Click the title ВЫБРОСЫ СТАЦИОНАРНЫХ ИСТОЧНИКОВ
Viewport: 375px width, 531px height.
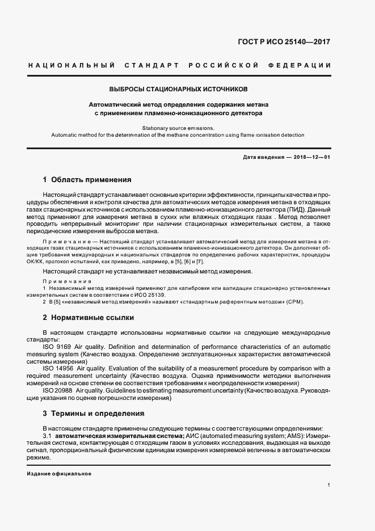pos(179,90)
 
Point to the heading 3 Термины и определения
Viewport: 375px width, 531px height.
pos(94,413)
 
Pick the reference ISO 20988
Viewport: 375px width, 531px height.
pos(58,390)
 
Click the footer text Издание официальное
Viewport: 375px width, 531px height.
pos(59,474)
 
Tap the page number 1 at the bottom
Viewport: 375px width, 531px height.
pos(329,485)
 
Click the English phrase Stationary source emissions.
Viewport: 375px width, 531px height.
pos(178,128)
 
